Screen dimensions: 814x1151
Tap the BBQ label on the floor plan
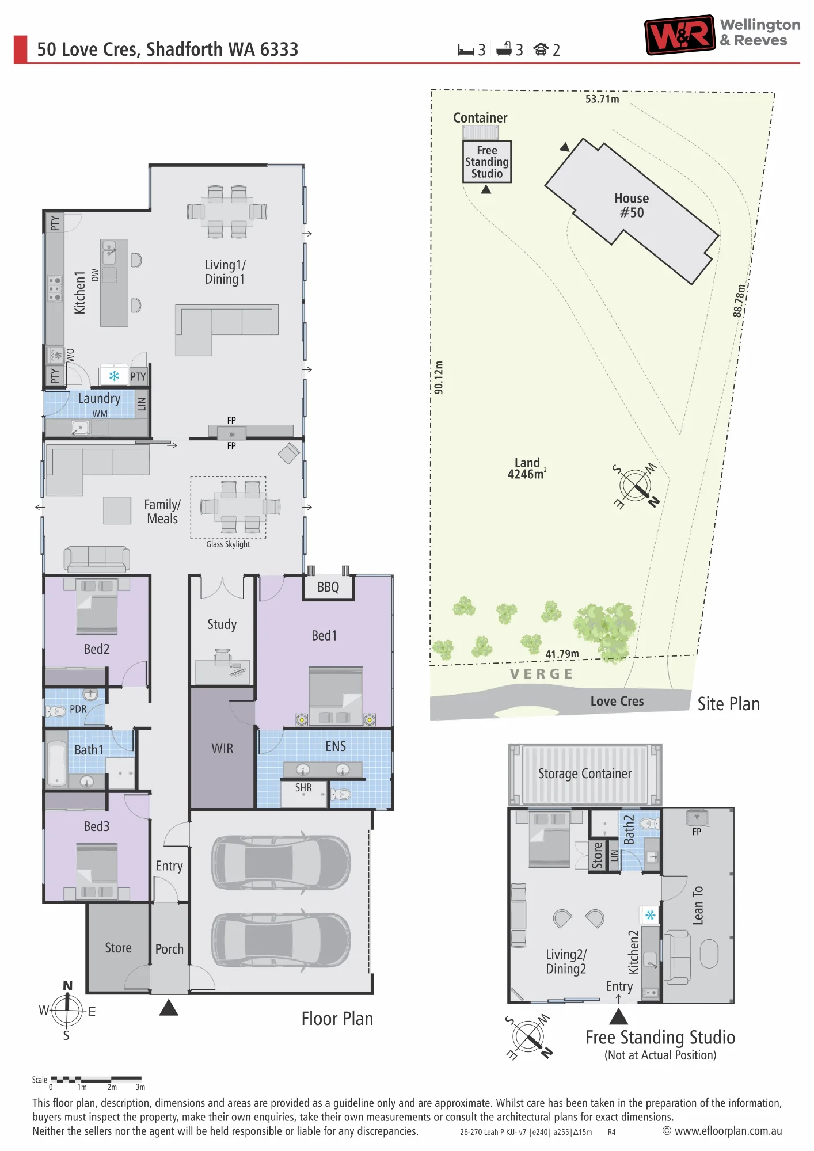tap(328, 587)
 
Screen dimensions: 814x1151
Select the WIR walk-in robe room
tap(223, 748)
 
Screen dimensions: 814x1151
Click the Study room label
tap(222, 624)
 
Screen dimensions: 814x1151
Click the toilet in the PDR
tap(56, 711)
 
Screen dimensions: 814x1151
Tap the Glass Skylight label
tap(228, 544)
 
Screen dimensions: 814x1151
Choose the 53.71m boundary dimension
tap(602, 99)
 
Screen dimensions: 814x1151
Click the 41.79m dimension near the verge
tap(562, 654)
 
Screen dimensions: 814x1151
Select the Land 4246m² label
tap(527, 468)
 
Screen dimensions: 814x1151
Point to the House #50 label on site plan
tap(632, 205)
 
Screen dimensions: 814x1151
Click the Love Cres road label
tap(617, 701)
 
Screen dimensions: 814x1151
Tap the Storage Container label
tap(585, 773)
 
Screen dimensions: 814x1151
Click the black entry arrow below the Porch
tap(169, 1007)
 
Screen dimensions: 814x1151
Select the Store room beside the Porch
tap(119, 948)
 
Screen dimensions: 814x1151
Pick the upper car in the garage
tap(281, 862)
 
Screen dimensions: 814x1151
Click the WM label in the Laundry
tap(100, 414)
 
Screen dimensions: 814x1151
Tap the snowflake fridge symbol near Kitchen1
tap(114, 376)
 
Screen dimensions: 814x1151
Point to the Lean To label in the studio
tap(698, 905)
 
